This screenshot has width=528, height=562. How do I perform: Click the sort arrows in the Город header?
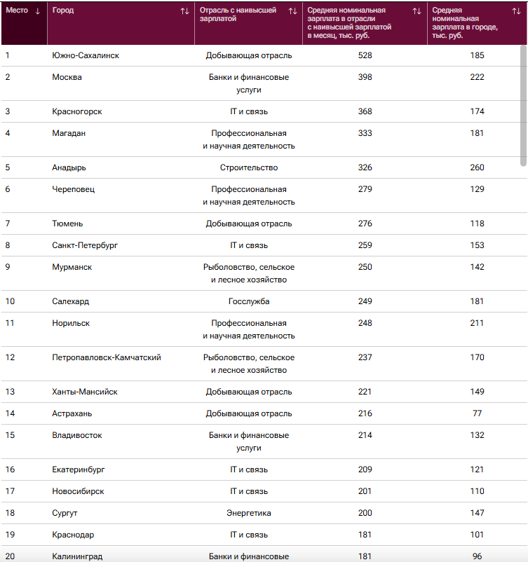[x=184, y=11]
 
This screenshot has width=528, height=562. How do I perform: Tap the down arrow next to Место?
[x=38, y=11]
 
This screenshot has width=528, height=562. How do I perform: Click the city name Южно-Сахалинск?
[x=86, y=55]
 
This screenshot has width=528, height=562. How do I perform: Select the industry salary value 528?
[x=365, y=55]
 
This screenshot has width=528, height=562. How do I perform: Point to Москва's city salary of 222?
[x=477, y=77]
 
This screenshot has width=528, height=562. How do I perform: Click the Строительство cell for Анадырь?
[x=249, y=167]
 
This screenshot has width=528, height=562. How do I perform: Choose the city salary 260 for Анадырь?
[x=477, y=167]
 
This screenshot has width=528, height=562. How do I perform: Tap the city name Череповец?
[x=73, y=189]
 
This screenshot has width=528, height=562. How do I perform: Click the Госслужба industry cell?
[x=249, y=301]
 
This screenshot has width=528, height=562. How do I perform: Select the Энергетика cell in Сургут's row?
[x=249, y=513]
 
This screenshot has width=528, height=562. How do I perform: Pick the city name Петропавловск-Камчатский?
[x=107, y=357]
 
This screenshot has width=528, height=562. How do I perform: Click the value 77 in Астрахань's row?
[x=477, y=413]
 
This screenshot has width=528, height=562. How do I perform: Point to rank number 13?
[x=10, y=392]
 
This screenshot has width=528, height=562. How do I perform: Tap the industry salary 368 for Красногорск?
[x=365, y=111]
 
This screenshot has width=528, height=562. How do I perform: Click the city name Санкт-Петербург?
[x=85, y=245]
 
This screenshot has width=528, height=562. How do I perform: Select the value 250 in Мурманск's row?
[x=365, y=267]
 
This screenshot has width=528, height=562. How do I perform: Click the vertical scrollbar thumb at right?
[x=523, y=106]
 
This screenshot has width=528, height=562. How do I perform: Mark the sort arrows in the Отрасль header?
[x=292, y=11]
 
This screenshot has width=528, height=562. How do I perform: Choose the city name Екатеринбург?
[x=79, y=470]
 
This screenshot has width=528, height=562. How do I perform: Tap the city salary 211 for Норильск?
[x=477, y=323]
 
